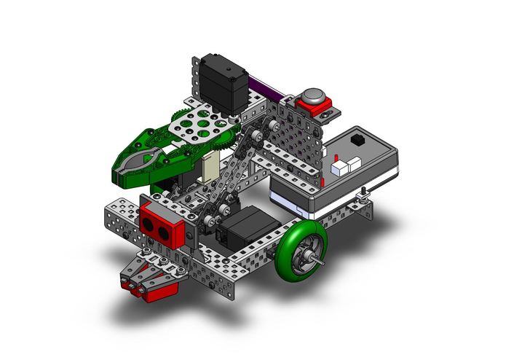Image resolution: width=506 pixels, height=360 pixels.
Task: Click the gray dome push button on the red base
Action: point(313,97)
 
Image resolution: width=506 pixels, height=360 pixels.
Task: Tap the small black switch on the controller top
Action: point(357,138)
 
